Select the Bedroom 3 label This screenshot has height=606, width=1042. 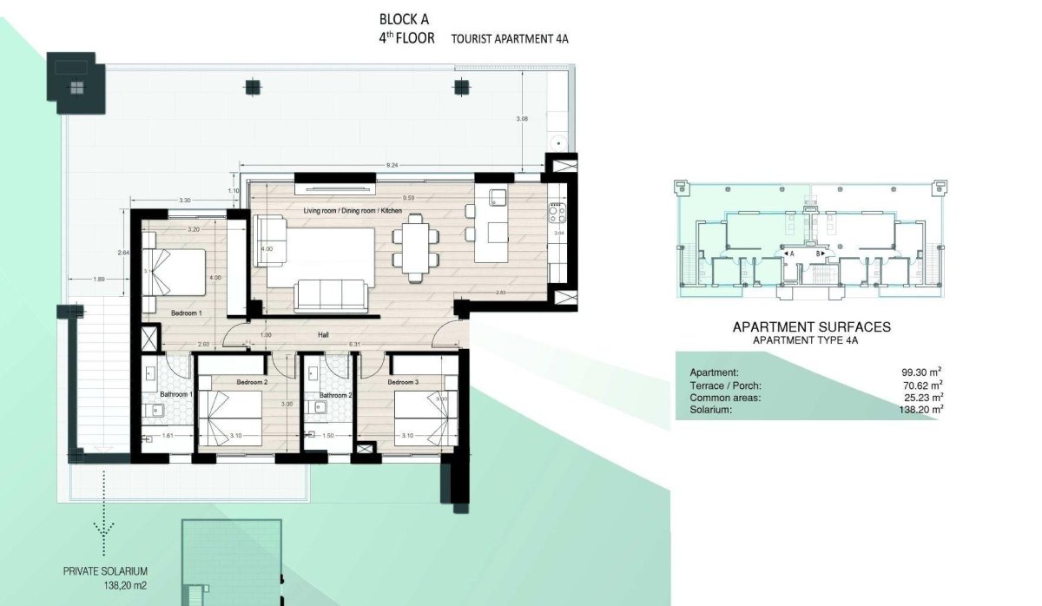point(403,382)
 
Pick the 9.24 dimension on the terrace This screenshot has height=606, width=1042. point(392,164)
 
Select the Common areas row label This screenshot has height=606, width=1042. point(725,397)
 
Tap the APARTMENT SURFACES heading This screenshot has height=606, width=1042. point(812,327)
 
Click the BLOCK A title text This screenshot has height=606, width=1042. point(405,18)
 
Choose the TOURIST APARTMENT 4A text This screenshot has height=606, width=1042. point(510,39)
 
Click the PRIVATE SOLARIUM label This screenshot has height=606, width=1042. point(105,571)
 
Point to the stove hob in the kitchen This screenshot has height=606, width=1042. point(556,210)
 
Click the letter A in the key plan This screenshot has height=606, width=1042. point(792,253)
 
